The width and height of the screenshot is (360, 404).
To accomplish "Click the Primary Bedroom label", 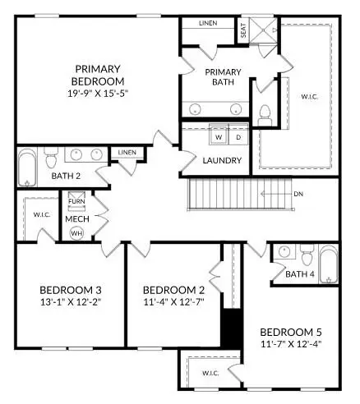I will (x=99, y=75).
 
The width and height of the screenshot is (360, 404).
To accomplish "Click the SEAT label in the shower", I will (x=243, y=31).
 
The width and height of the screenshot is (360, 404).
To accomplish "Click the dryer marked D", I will (x=238, y=136).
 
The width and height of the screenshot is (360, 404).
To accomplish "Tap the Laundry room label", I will (x=222, y=160).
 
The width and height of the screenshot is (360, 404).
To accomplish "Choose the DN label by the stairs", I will (x=298, y=195).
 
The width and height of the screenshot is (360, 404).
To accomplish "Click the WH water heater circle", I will (x=76, y=232).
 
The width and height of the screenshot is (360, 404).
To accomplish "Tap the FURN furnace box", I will (x=76, y=201).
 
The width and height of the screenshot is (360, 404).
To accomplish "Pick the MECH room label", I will (x=76, y=219).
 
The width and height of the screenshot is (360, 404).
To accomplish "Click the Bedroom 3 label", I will (x=70, y=290).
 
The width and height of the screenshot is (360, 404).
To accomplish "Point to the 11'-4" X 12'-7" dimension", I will (x=173, y=301).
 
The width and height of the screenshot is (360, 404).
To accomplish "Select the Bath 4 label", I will (x=300, y=273).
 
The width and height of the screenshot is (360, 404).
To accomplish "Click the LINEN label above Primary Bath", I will (x=207, y=23).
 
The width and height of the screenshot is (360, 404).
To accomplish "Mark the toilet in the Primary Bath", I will (x=265, y=112).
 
